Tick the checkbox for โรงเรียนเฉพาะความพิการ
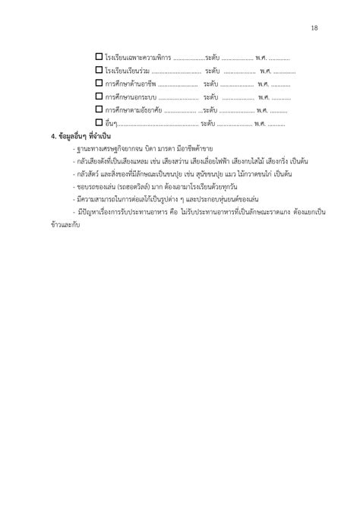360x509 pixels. point(99,57)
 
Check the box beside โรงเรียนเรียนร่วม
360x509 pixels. point(99,70)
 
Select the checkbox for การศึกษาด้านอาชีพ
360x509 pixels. point(99,83)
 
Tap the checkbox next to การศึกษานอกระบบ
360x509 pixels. point(99,96)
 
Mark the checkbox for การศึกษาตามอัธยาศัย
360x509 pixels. point(99,109)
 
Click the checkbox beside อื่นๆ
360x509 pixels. point(99,122)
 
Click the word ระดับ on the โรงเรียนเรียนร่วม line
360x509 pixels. point(212,71)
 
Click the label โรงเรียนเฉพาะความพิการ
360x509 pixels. point(139,58)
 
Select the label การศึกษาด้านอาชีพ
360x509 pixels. point(131,84)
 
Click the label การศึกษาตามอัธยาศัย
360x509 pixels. point(134,110)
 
